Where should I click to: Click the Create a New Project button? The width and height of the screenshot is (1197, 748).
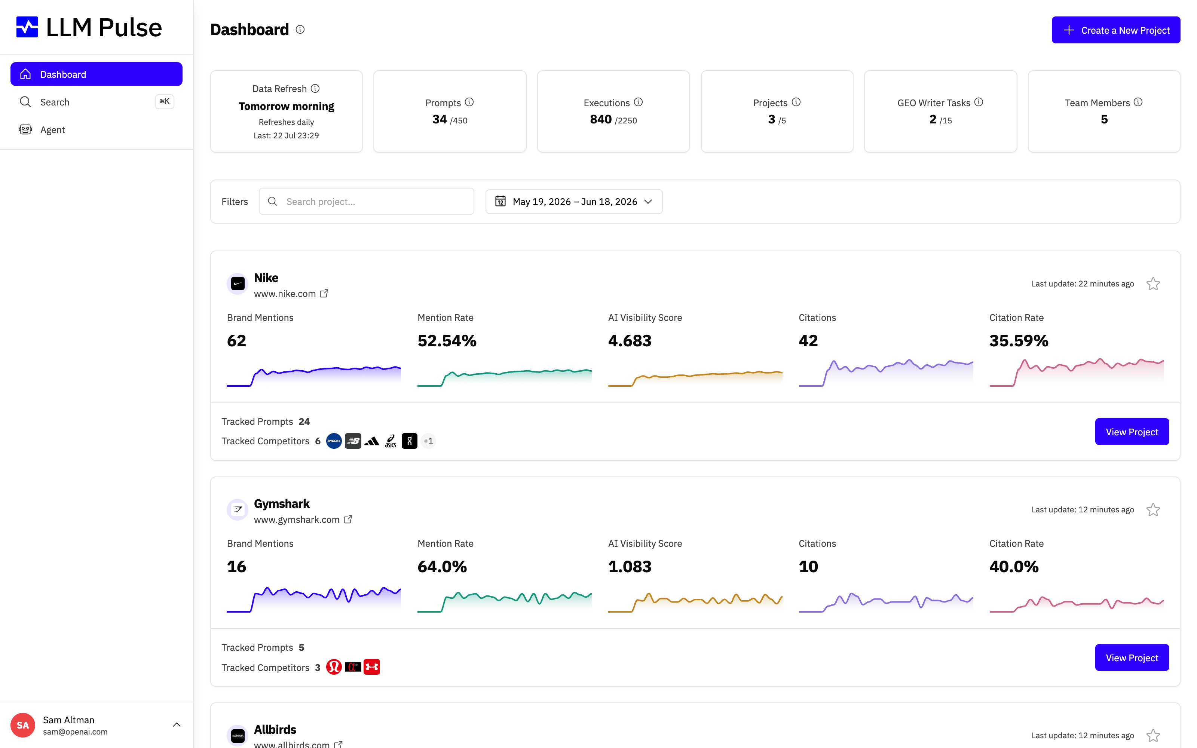tap(1115, 30)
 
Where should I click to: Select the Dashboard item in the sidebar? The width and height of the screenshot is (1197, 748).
tap(97, 74)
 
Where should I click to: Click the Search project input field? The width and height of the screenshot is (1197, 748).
tap(366, 201)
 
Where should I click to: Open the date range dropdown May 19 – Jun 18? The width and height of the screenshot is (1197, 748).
tap(574, 201)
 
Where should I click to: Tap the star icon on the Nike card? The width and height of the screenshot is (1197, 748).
tap(1153, 284)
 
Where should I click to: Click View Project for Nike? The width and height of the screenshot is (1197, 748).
tap(1132, 432)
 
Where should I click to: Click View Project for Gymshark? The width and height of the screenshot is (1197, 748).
tap(1132, 658)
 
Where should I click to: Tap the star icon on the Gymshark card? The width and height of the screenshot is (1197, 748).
tap(1153, 509)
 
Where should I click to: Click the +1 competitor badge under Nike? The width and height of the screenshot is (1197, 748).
tap(428, 441)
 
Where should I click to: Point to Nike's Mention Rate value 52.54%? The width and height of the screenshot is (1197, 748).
tap(447, 341)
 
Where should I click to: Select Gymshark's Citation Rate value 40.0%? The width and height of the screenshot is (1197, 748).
tap(1014, 567)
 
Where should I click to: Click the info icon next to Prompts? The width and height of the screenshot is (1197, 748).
tap(469, 102)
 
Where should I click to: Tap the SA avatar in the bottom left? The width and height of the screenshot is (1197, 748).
tap(23, 725)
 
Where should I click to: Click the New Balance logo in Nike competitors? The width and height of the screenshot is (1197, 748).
tap(353, 441)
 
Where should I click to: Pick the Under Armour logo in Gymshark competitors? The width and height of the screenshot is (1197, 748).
tap(371, 667)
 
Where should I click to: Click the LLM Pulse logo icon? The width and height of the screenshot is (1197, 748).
tap(27, 27)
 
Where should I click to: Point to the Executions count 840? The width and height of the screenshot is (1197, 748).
tap(600, 119)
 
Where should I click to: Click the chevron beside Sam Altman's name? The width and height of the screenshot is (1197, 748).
tap(177, 725)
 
